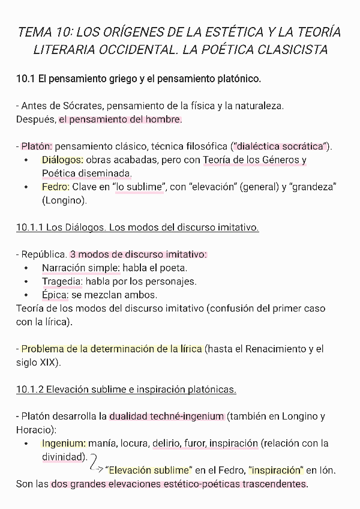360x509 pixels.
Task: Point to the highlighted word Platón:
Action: coord(37,146)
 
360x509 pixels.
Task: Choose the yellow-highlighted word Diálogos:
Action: coord(63,160)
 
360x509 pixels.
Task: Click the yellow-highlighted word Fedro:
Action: coord(56,187)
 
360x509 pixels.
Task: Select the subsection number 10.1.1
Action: coord(30,227)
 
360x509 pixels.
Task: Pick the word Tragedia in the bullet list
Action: coord(62,282)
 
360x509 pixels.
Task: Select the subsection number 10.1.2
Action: coord(30,390)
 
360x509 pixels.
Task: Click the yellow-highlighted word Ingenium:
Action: coord(64,444)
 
